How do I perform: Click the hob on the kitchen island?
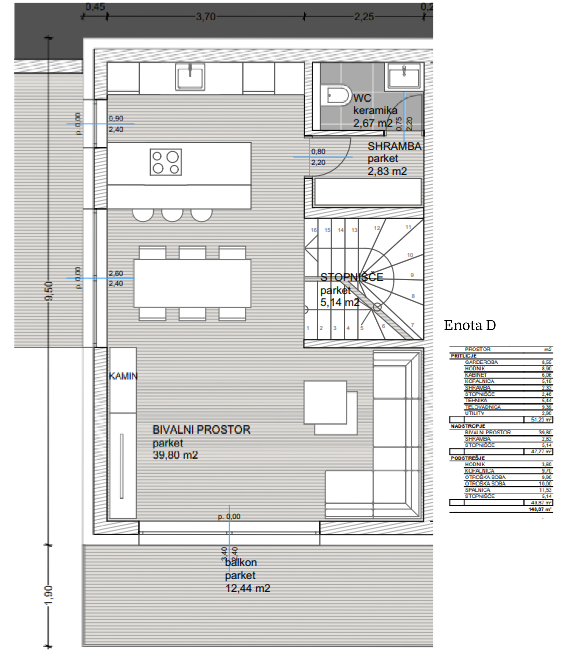click(165, 162)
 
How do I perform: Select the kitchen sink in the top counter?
click(190, 77)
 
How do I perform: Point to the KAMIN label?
click(123, 376)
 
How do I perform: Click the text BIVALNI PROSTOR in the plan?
click(201, 430)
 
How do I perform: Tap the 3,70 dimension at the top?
click(205, 17)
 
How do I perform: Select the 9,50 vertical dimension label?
click(49, 291)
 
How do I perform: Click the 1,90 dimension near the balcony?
click(48, 595)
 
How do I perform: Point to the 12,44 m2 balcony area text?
click(248, 588)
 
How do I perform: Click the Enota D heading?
click(470, 325)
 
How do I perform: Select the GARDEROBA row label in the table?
click(481, 362)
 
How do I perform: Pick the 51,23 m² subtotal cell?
click(541, 420)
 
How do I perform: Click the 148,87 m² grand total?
click(540, 509)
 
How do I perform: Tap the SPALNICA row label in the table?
click(477, 490)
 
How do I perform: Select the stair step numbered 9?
click(412, 275)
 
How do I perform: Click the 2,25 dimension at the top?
click(364, 17)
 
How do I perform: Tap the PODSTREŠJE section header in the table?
click(468, 458)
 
